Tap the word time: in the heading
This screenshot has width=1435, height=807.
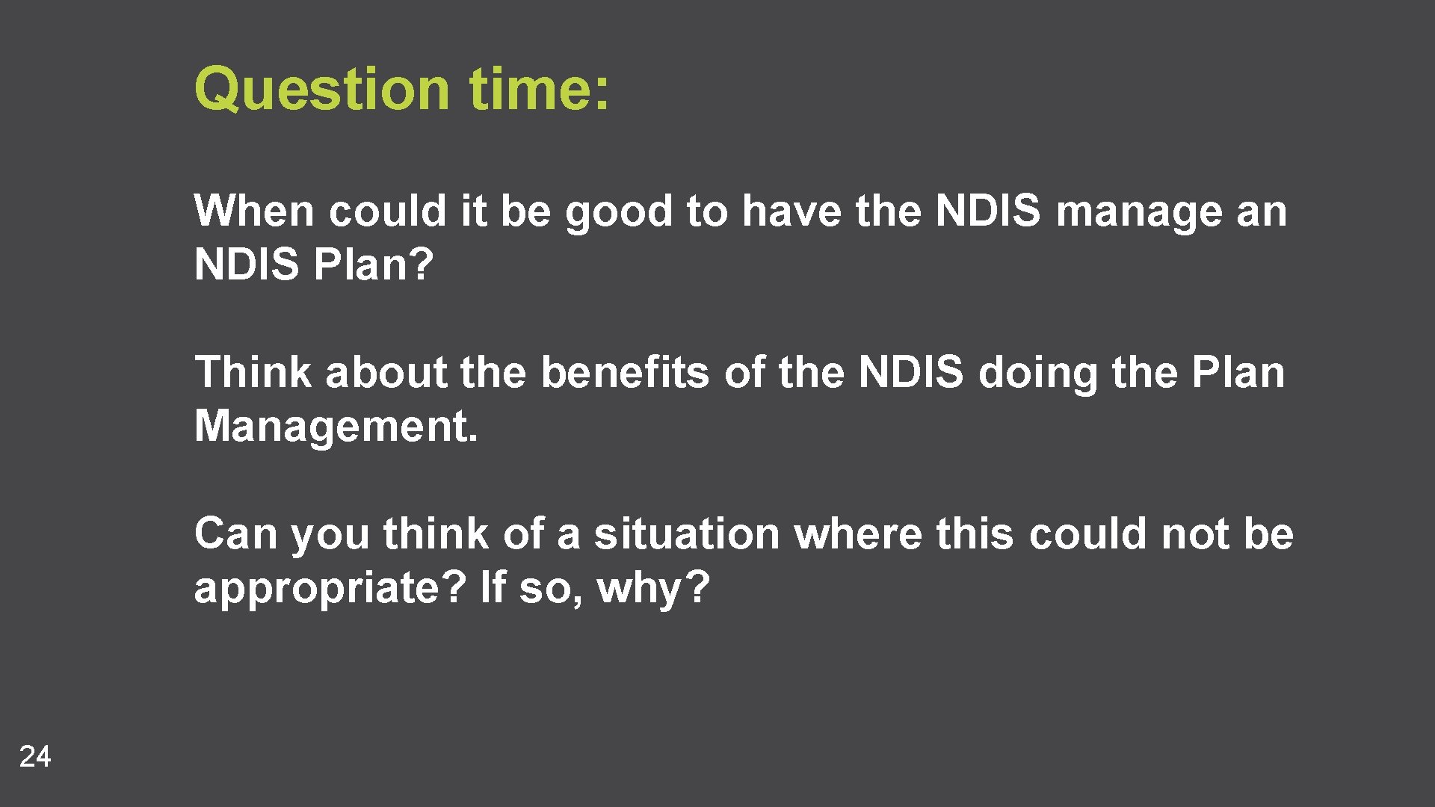(539, 89)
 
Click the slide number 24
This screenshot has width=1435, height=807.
(35, 756)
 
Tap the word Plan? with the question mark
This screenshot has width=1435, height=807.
(374, 265)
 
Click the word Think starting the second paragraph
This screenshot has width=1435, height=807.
(253, 372)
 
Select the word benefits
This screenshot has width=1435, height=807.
(624, 372)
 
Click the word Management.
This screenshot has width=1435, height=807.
(336, 427)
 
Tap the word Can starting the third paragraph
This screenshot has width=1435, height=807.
(235, 534)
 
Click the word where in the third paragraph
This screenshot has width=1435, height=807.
(858, 534)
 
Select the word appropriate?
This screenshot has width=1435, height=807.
(330, 589)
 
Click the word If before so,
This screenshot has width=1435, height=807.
(493, 587)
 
